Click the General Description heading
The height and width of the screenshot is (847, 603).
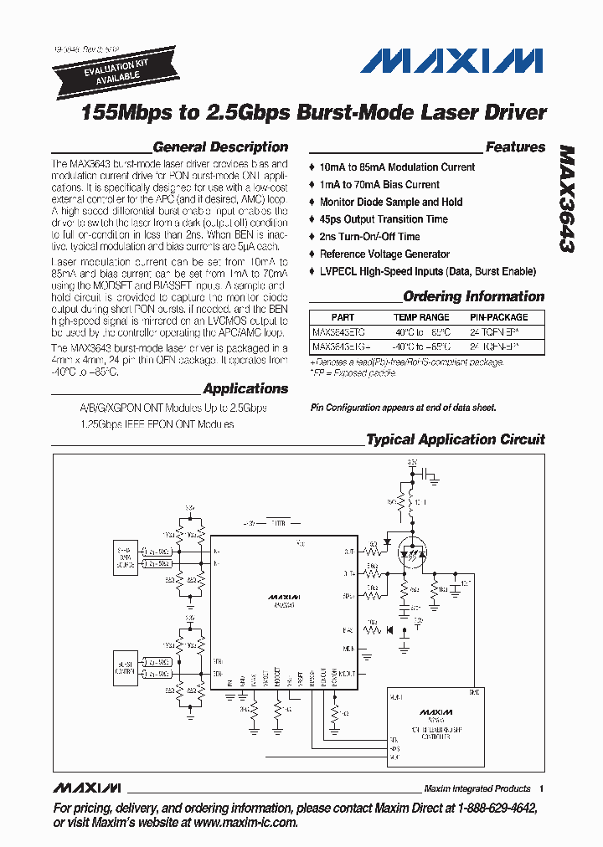tap(220, 147)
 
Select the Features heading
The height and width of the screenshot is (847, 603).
tap(515, 147)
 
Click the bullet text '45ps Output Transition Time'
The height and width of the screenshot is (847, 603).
tap(384, 219)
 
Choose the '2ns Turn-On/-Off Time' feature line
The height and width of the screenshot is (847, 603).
tap(369, 237)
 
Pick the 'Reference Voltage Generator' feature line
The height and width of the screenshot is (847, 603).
tap(384, 254)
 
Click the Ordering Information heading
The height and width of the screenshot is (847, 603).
tap(473, 296)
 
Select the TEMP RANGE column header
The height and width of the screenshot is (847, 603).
tap(421, 317)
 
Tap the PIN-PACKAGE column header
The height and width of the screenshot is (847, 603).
tap(498, 317)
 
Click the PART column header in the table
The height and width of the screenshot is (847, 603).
tap(343, 317)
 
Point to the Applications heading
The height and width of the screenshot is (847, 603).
tap(245, 388)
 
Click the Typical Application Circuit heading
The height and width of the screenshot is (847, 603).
tap(456, 439)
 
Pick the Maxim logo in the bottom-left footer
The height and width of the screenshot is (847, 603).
tap(86, 788)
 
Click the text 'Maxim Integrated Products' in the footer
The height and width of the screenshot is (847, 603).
tap(477, 788)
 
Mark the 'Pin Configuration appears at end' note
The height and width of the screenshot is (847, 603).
tap(404, 408)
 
